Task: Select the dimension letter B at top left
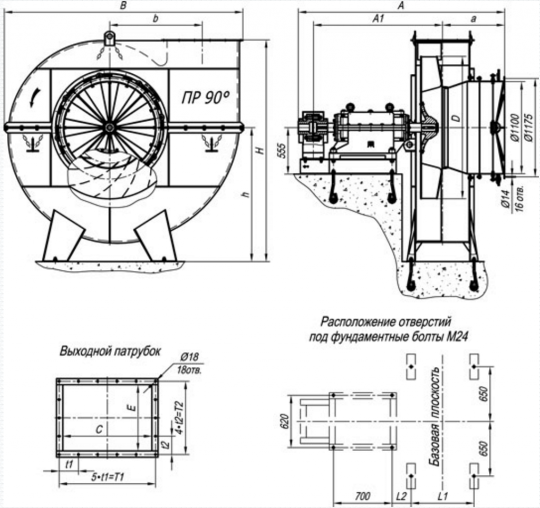pos(123,6)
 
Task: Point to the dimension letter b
pos(155,18)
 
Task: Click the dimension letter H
pos(258,150)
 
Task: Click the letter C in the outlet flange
pos(99,429)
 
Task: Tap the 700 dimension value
pos(363,496)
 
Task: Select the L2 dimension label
pos(402,496)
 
